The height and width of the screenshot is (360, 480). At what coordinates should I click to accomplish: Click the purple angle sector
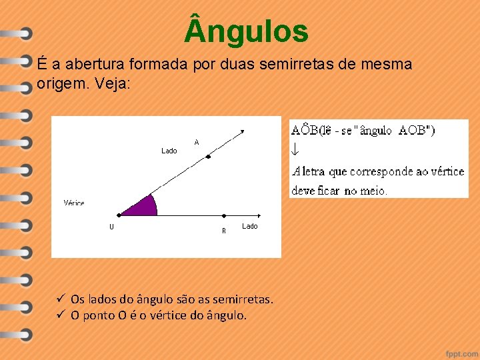click(x=142, y=207)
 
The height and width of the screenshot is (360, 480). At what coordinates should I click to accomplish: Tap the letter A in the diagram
click(x=197, y=142)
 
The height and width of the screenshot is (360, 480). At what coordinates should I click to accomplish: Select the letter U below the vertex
click(x=111, y=227)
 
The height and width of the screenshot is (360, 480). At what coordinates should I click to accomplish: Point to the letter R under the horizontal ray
click(x=224, y=231)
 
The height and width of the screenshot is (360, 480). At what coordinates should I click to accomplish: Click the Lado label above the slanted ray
click(x=169, y=151)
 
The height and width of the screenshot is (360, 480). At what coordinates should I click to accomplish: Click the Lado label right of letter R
click(x=249, y=227)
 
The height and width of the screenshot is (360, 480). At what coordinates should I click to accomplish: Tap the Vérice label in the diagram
click(x=74, y=203)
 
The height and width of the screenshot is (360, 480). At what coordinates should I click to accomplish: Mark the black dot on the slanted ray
click(x=209, y=157)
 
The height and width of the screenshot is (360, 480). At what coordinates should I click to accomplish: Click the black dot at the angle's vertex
click(x=119, y=215)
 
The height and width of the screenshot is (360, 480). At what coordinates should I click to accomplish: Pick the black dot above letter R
click(x=224, y=215)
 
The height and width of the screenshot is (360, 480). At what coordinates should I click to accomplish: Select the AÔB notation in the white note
click(x=306, y=131)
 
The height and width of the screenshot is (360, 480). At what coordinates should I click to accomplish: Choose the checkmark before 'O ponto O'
click(x=60, y=315)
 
